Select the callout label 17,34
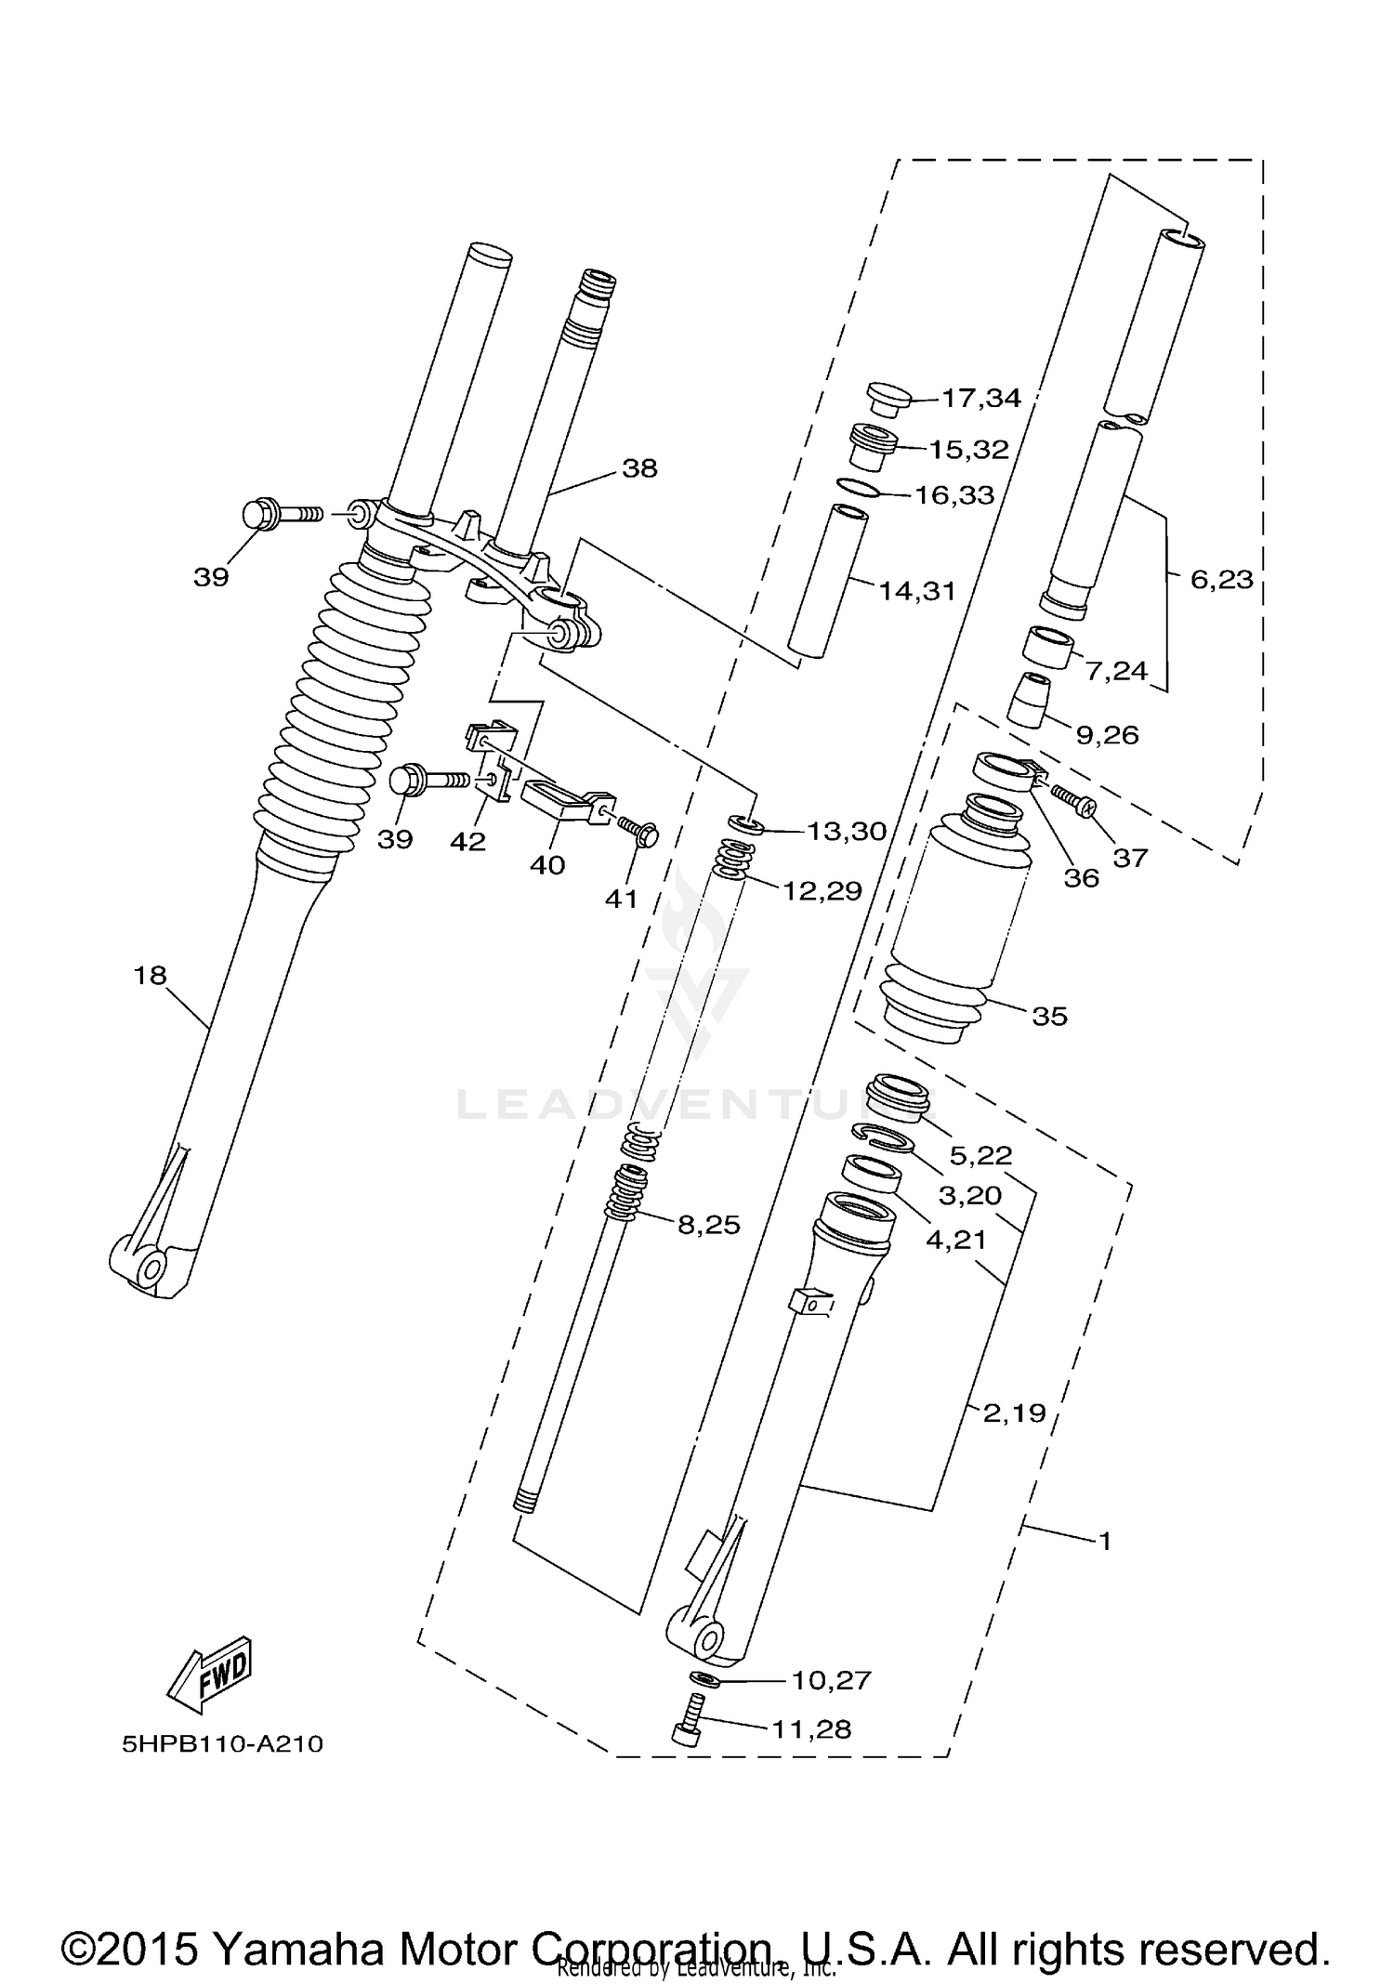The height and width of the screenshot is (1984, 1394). coord(980,399)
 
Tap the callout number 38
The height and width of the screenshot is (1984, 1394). coord(639,468)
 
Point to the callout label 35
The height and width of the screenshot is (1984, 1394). coord(1049,1016)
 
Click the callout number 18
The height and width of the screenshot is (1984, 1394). coord(151,975)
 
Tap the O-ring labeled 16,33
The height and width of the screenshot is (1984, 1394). coord(859,486)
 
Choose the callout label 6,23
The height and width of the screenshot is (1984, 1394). coord(1221,580)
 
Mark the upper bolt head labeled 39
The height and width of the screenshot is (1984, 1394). coord(259,514)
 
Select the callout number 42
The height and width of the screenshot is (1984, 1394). coord(467,841)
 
